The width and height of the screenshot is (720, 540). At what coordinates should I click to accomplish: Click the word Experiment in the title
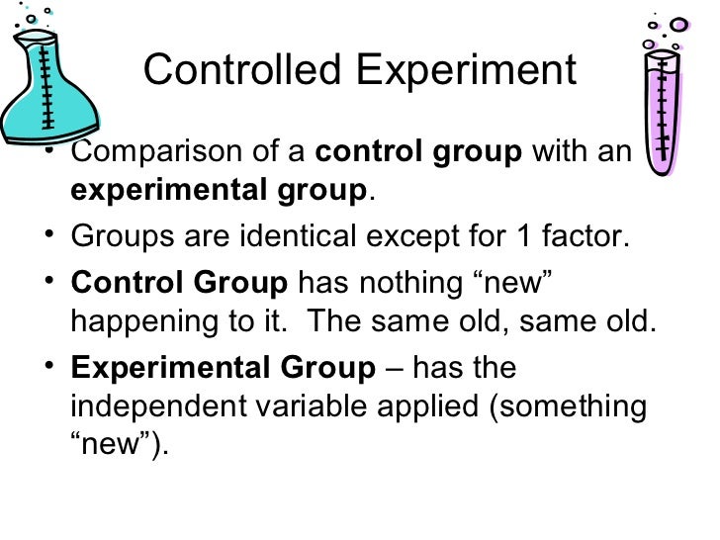466,71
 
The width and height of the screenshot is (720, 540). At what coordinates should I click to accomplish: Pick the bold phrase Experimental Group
224,370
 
